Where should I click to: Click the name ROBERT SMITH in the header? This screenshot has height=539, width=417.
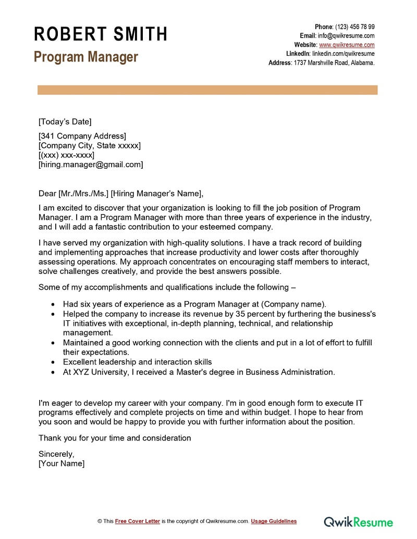point(101,34)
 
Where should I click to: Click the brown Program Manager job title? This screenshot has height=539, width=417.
point(86,57)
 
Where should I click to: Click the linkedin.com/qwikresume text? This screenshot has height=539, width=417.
point(343,54)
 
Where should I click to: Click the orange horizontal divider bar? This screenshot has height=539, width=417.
point(207,90)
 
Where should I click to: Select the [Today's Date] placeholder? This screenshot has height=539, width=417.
point(65,122)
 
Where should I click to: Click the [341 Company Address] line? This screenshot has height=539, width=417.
point(82,136)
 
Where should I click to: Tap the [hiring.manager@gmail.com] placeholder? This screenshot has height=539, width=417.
point(91,165)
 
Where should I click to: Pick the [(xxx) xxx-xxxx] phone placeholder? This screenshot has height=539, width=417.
point(66,155)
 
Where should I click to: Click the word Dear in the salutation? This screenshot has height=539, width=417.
point(47,194)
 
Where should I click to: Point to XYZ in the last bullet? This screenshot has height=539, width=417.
point(81,372)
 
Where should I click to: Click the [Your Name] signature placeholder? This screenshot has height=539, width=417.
point(62,463)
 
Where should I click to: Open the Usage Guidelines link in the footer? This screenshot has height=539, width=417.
point(274,521)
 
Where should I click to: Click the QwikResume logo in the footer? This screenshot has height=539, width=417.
point(359,521)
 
